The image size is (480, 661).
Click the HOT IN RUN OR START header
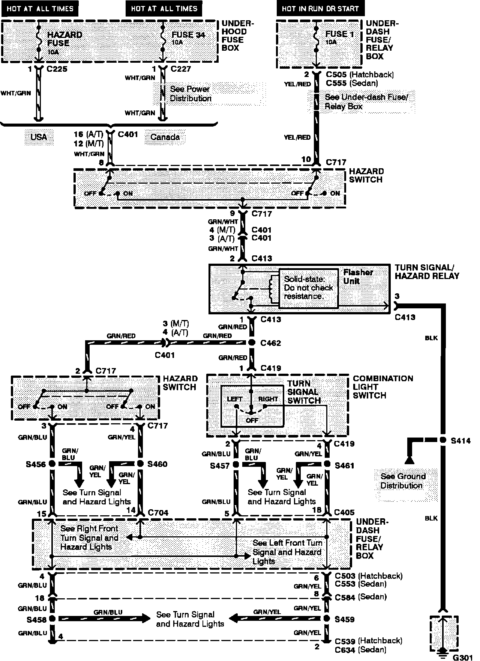tap(320, 8)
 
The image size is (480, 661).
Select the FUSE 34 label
tap(189, 35)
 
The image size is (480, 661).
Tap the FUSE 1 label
tap(339, 34)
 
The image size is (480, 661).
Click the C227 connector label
tap(181, 69)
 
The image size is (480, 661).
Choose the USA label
tap(39, 137)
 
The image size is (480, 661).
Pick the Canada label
tap(165, 137)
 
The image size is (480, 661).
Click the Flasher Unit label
tap(358, 276)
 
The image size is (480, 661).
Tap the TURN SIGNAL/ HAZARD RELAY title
tap(427, 272)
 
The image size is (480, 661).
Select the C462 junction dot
tap(252, 343)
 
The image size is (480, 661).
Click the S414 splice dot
tap(443, 440)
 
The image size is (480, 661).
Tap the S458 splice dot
tap(52, 618)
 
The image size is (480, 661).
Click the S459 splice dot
tap(327, 618)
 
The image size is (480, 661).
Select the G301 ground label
tap(462, 657)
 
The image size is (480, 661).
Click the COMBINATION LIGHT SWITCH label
tap(382, 387)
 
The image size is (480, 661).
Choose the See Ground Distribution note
tap(403, 481)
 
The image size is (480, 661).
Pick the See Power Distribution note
tap(190, 94)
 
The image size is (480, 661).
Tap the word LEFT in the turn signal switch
tap(235, 399)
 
